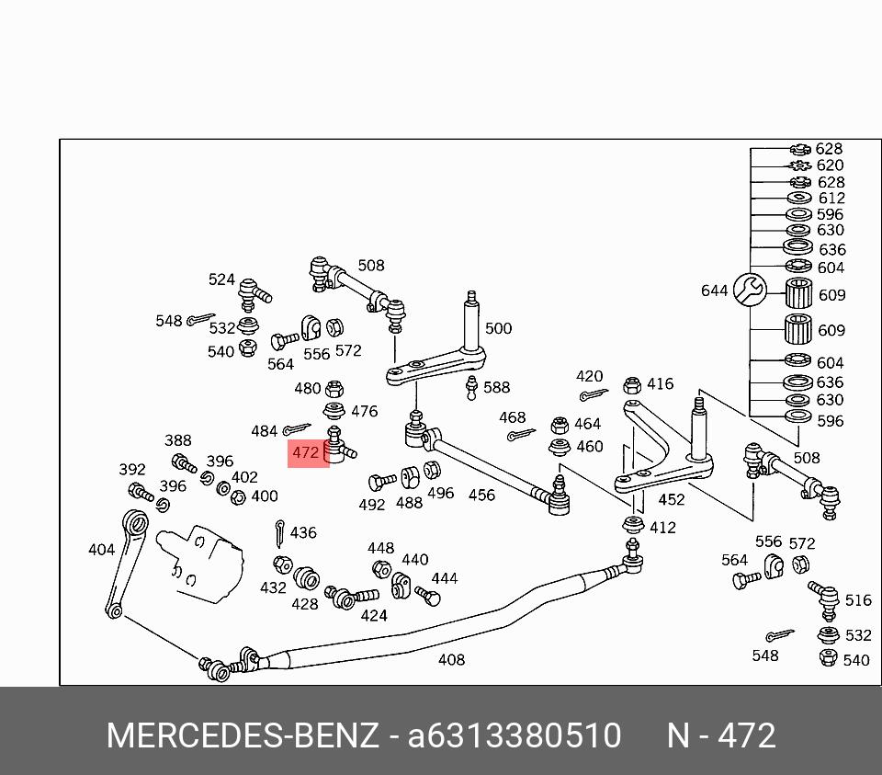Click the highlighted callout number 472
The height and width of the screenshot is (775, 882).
click(x=306, y=452)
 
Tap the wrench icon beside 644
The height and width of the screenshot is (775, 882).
click(x=750, y=290)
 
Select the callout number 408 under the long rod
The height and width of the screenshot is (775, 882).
click(x=451, y=659)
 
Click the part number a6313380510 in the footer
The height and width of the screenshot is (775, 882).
click(x=514, y=735)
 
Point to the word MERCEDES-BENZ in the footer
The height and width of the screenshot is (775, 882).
click(x=243, y=735)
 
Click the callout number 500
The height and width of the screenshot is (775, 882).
click(x=498, y=328)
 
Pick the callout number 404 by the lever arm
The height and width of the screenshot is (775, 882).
click(x=101, y=550)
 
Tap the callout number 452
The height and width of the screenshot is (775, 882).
click(x=672, y=499)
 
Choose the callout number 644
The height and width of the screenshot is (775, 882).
click(x=715, y=291)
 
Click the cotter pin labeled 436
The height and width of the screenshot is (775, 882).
click(x=279, y=533)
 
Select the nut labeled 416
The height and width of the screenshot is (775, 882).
click(x=632, y=385)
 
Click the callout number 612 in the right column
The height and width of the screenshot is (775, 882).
click(x=831, y=198)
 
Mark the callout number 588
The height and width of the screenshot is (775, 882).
click(x=497, y=387)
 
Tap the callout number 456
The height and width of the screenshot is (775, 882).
click(x=482, y=495)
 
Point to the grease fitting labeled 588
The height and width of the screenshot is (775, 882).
click(x=471, y=388)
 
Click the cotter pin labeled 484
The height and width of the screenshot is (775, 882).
click(x=297, y=429)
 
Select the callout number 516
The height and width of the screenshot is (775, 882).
click(x=858, y=600)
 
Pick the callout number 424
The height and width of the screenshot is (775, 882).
click(x=374, y=615)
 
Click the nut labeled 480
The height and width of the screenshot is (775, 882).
click(x=334, y=388)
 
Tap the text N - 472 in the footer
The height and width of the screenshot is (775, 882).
click(x=722, y=735)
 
